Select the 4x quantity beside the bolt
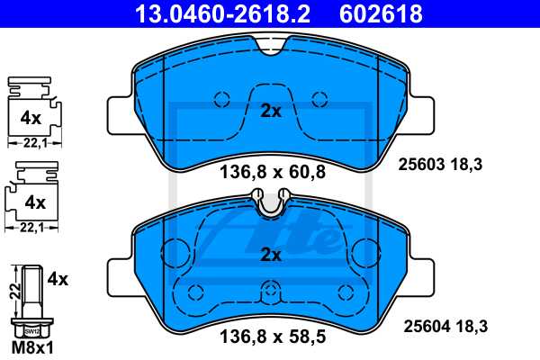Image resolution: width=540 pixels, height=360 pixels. [x=57, y=280]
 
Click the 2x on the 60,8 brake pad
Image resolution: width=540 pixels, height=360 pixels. [x=271, y=112]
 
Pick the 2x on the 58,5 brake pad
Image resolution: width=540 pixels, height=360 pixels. [x=271, y=255]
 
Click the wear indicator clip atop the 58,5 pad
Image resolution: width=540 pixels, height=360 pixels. [x=271, y=203]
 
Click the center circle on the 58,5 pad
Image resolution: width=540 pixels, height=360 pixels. [x=271, y=292]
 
